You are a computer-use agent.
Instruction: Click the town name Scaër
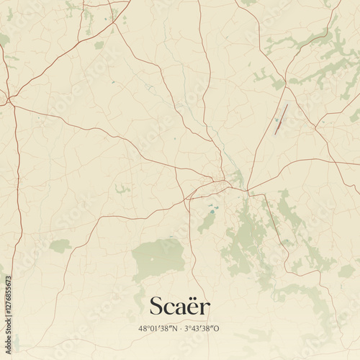coord(180,306)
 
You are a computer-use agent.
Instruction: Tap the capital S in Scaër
coord(156,306)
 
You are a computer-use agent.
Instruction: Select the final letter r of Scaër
coord(205,308)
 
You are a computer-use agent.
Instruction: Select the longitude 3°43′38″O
coord(203,328)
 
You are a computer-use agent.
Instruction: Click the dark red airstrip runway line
coord(280,119)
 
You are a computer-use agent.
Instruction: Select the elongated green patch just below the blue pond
coord(207,223)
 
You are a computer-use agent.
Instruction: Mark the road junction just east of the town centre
coord(248,190)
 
